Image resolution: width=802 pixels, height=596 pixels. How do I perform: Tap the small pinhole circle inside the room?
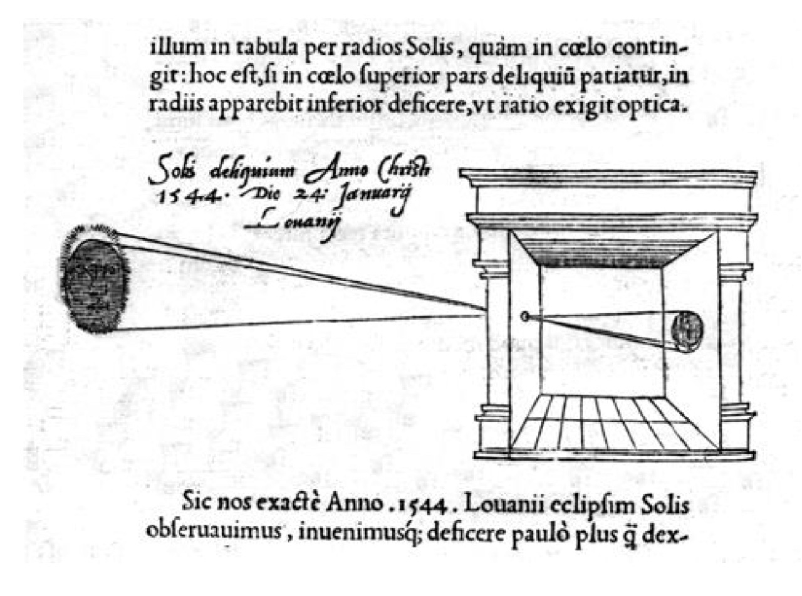tap(525, 316)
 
